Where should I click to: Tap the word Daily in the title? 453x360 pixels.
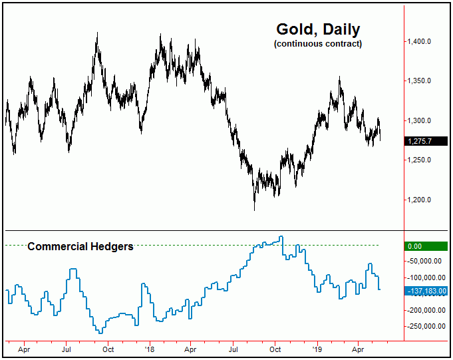[339, 29]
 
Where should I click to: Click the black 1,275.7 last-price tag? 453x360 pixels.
[426, 141]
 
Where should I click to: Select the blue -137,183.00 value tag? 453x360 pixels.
[426, 291]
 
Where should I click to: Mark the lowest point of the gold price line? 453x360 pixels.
[255, 210]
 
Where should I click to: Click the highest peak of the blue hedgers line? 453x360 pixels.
[282, 237]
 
